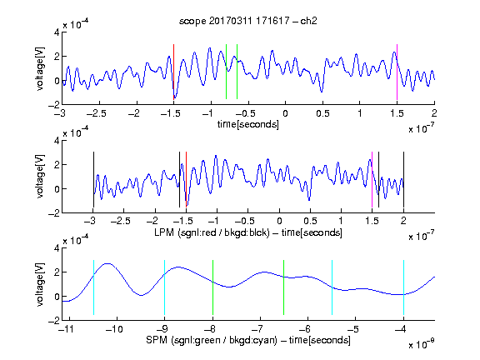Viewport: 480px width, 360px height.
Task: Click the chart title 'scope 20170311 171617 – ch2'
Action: (x=248, y=21)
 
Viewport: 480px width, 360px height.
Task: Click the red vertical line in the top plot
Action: (x=173, y=72)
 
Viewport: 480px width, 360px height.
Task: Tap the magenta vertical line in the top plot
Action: (x=397, y=72)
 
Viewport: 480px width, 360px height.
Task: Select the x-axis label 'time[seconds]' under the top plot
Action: (x=248, y=124)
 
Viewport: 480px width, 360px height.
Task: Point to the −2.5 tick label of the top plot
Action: (x=97, y=113)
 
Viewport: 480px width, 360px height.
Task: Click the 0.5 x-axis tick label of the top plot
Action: (x=322, y=113)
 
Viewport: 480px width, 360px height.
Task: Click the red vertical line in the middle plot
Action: (x=186, y=180)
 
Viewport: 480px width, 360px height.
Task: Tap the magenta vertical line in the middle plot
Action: (x=372, y=180)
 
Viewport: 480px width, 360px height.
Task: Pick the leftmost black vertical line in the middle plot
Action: (x=93, y=180)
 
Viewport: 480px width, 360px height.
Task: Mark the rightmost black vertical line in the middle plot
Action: (x=403, y=180)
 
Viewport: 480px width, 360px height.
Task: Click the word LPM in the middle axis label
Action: (x=164, y=232)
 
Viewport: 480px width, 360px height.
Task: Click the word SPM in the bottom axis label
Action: (x=157, y=340)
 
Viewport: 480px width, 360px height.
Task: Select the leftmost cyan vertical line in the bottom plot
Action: (x=93, y=287)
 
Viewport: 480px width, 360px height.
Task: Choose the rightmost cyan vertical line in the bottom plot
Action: (x=403, y=287)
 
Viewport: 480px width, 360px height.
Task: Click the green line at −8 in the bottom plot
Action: (x=212, y=287)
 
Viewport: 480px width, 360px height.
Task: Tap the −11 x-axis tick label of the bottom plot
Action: (x=66, y=329)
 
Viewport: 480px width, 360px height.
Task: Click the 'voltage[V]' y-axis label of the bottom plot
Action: (x=40, y=284)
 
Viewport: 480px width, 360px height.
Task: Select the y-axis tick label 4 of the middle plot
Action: (x=57, y=141)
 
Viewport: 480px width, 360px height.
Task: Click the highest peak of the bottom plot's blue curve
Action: (x=107, y=263)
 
